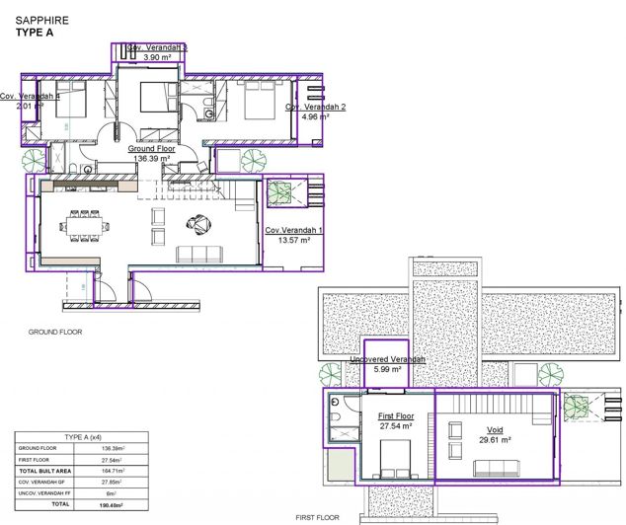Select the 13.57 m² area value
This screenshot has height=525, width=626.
(288, 240)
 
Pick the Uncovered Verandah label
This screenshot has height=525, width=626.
(387, 359)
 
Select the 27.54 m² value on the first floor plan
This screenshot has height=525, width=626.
(396, 427)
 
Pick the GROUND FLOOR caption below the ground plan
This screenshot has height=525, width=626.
(54, 333)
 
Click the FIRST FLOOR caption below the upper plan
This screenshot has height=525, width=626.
(318, 517)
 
